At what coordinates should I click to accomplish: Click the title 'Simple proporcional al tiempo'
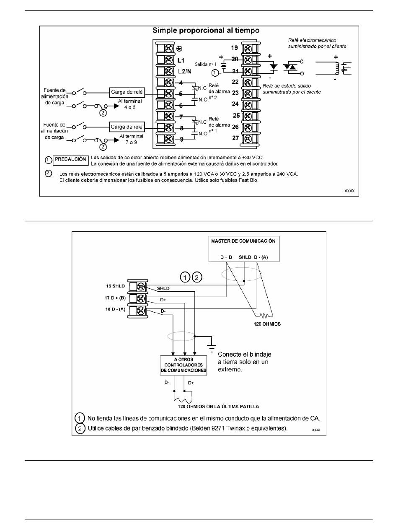pos(206,31)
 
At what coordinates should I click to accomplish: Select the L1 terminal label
pos(181,60)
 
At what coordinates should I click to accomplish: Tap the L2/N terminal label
pos(185,71)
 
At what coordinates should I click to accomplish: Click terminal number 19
pos(234,48)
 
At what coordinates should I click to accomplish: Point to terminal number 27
pos(235,138)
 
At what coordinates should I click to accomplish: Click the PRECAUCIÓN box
pos(71,160)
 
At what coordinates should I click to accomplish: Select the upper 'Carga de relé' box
pos(127,92)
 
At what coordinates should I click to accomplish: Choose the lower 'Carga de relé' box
pos(127,127)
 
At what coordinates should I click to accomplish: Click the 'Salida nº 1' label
pos(206,64)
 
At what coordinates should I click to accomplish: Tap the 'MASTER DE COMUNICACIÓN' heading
pos(243,241)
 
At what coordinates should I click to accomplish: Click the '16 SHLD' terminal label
pos(116,286)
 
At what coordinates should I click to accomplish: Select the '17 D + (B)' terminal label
pos(115,298)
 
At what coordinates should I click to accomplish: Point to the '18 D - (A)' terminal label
pos(115,309)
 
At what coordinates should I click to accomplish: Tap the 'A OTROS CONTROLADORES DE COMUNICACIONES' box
pos(183,365)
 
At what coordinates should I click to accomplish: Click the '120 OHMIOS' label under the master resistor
pos(267,324)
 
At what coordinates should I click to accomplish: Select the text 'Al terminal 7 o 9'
pos(131,139)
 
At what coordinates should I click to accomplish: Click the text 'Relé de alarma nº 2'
pos(219,92)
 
